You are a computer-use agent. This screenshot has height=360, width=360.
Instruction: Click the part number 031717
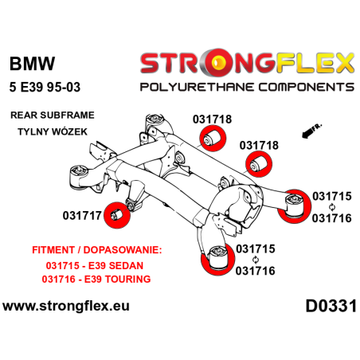(82, 214)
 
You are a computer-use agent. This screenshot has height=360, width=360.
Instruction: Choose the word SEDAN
(131, 265)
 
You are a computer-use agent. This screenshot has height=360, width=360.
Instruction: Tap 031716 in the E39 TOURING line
(61, 280)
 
